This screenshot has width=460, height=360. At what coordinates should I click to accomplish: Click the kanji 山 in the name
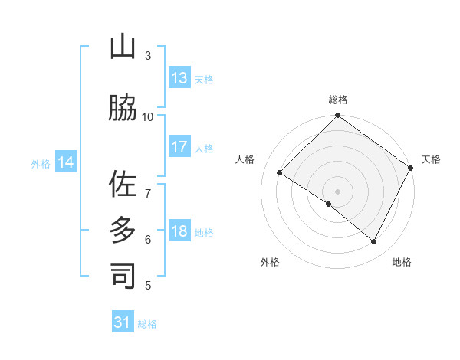(123, 47)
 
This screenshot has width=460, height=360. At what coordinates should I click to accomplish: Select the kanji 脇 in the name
(123, 107)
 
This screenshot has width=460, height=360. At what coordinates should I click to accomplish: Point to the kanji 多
(123, 231)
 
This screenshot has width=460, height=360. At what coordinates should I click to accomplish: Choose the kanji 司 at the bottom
(123, 276)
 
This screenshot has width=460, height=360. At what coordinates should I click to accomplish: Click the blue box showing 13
(179, 78)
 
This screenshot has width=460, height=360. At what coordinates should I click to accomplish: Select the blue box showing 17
(179, 147)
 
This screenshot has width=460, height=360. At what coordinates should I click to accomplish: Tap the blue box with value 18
(179, 232)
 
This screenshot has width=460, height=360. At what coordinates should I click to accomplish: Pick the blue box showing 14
(66, 162)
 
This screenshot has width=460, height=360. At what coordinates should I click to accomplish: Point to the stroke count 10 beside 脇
(148, 116)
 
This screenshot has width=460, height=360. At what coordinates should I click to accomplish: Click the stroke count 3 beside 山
(148, 56)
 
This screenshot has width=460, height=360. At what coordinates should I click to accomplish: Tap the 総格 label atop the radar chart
(337, 100)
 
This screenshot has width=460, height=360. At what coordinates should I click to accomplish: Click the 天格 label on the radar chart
(431, 159)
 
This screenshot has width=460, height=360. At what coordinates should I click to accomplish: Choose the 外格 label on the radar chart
(270, 262)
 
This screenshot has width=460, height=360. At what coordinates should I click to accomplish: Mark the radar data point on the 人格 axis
(280, 173)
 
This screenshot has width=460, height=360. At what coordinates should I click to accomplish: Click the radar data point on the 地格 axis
(374, 242)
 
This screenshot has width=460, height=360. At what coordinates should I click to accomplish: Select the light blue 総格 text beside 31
(147, 324)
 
